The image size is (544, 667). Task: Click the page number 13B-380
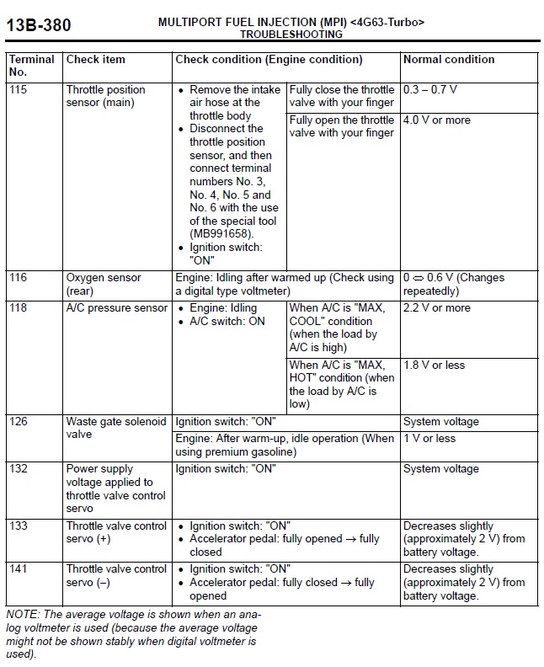pos(39,26)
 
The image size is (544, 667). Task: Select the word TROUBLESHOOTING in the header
pos(291,35)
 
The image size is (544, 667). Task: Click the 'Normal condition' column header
pos(449,60)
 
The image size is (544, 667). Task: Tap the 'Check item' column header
pos(95,60)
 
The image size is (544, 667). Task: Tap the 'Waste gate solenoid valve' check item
pos(116,428)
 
